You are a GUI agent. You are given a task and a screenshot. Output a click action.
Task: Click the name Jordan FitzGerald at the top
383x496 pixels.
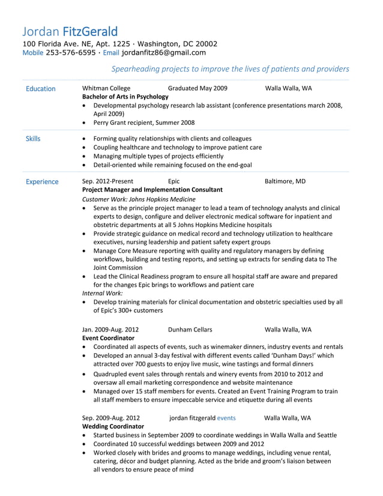point(70,31)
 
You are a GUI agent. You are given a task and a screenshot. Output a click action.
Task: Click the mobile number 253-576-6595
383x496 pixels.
point(70,52)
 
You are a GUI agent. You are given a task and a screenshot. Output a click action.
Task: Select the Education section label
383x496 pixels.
point(41,89)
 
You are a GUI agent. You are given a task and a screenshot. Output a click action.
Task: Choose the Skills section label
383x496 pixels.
point(33,139)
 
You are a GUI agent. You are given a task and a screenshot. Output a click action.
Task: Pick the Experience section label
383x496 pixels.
point(42,181)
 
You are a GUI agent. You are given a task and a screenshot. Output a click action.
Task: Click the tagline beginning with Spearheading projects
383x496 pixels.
point(231,69)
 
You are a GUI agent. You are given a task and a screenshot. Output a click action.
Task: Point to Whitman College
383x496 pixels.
point(106,88)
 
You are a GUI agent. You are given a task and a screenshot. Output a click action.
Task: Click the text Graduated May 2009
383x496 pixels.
point(198,88)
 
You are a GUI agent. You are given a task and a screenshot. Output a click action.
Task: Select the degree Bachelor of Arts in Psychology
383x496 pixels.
point(125,97)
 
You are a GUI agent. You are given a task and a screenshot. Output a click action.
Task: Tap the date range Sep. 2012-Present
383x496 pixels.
point(107,181)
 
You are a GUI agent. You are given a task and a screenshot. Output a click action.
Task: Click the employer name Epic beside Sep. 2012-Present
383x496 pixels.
point(173,181)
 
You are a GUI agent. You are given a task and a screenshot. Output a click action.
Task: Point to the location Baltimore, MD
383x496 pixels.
point(285,181)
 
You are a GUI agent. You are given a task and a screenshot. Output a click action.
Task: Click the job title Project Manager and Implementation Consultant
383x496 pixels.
point(152,189)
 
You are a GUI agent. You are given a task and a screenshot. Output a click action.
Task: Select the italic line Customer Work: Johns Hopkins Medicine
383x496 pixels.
point(138,199)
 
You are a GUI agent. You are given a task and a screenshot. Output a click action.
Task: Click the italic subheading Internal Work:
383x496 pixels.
point(102,293)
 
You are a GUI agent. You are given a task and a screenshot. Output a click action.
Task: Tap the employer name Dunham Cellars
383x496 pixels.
point(190,330)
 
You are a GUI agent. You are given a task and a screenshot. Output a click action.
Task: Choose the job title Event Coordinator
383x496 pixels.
point(108,338)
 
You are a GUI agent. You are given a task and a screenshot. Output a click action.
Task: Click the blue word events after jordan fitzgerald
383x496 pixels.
point(226,418)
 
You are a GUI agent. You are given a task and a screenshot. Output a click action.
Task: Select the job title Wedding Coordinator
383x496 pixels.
point(113,426)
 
